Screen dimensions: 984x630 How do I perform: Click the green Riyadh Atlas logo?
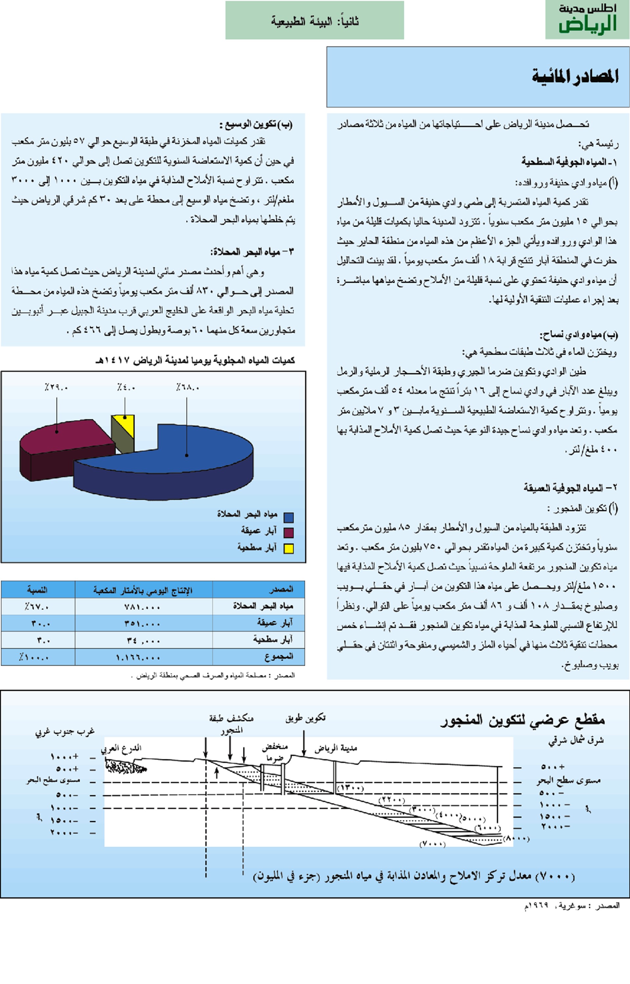[x=587, y=20]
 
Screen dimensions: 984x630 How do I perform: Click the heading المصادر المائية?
[x=575, y=76]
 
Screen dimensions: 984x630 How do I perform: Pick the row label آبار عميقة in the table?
[x=275, y=623]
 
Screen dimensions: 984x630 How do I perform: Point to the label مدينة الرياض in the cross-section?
[x=336, y=748]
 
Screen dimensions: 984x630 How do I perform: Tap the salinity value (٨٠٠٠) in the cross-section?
[x=516, y=838]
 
